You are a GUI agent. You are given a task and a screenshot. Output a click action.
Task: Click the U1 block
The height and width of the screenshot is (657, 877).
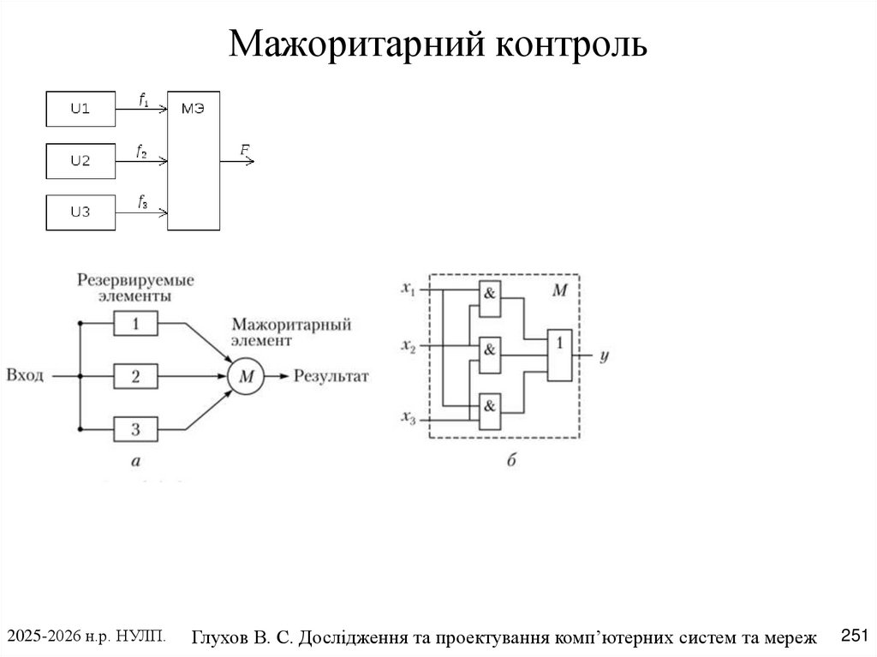tap(80, 109)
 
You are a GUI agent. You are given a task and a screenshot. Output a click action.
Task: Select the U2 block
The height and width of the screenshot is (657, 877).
tap(80, 160)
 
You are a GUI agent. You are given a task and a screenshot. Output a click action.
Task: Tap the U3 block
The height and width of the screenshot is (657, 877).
tap(80, 212)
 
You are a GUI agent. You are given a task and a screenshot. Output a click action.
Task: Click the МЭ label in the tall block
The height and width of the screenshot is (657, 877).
tap(194, 108)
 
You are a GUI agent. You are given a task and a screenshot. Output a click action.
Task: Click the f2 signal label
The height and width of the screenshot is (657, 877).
tap(141, 151)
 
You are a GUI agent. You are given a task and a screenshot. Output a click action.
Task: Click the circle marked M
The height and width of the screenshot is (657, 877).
tap(246, 375)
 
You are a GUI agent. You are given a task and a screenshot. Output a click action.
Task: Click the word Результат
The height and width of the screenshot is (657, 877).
tap(331, 375)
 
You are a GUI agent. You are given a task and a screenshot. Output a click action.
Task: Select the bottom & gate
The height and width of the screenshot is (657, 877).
tap(490, 405)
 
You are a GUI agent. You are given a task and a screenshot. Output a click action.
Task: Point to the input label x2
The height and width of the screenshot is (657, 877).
tap(408, 345)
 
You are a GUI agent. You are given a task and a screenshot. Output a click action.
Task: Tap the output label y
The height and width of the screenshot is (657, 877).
tap(603, 354)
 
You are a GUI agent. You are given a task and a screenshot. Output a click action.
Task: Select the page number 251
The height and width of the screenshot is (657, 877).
tap(855, 635)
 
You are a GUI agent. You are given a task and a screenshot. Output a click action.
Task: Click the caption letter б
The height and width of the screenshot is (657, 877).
tap(510, 462)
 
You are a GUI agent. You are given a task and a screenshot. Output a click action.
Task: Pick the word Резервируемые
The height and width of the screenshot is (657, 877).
tap(135, 279)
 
